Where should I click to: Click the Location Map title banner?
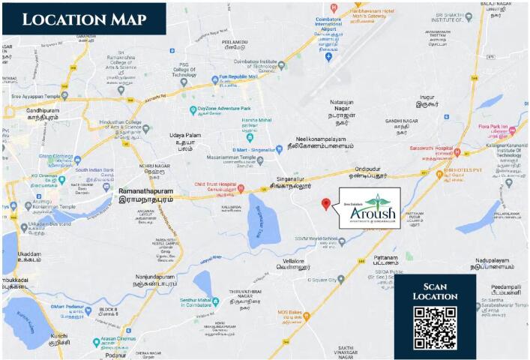click(85, 19)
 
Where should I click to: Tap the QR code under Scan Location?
click(435, 328)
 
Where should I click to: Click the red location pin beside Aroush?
click(325, 204)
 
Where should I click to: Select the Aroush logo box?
click(370, 208)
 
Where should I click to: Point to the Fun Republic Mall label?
click(233, 77)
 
